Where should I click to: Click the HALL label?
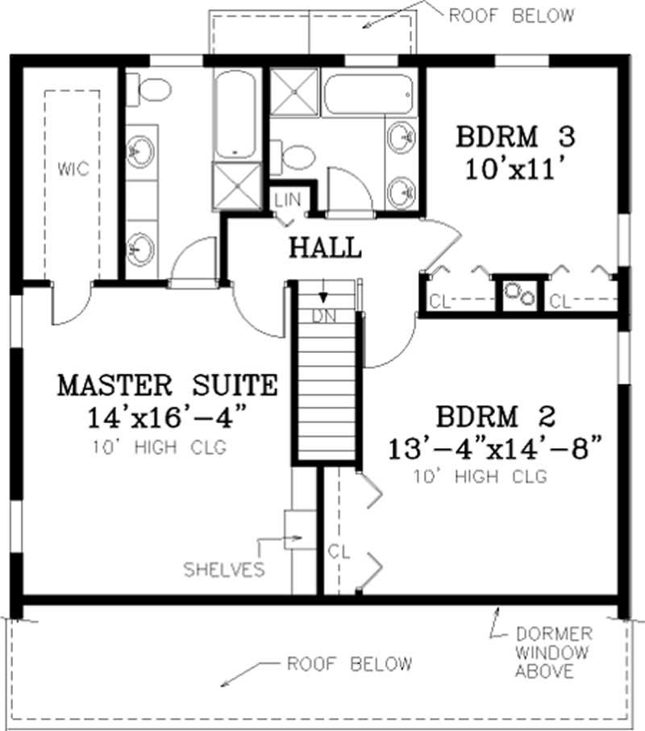[x=326, y=247]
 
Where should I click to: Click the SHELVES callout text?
[x=223, y=570]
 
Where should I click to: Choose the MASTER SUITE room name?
[x=167, y=385]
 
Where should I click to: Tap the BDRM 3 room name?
[x=516, y=137]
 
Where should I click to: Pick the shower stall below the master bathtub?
[x=236, y=185]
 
